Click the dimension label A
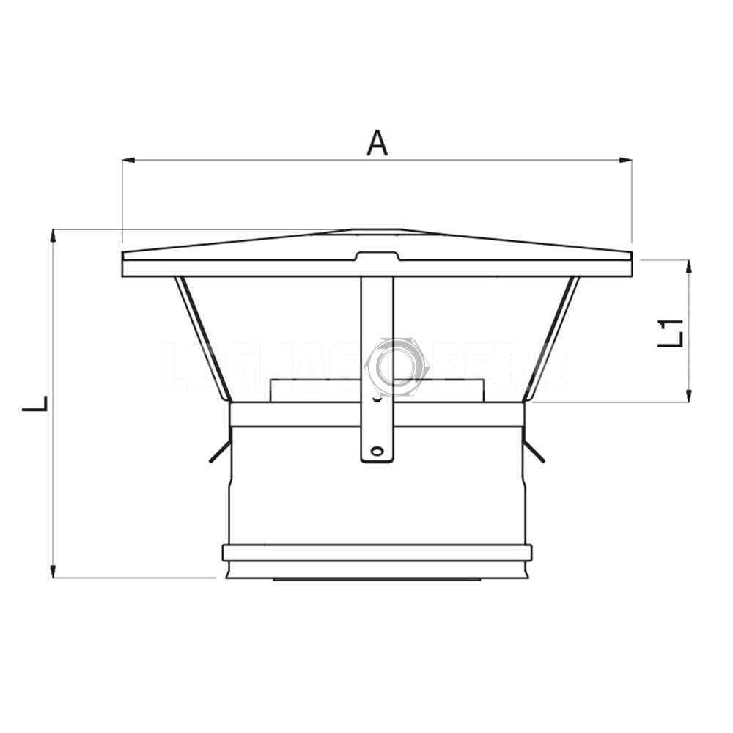click(x=377, y=142)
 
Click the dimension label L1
click(x=670, y=332)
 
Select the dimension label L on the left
click(x=35, y=403)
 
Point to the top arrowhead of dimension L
click(x=53, y=235)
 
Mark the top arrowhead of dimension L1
click(x=688, y=265)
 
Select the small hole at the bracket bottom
click(x=377, y=450)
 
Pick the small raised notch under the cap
click(x=377, y=256)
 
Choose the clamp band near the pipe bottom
click(x=377, y=553)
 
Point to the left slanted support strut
click(x=202, y=337)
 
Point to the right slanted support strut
click(x=552, y=337)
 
